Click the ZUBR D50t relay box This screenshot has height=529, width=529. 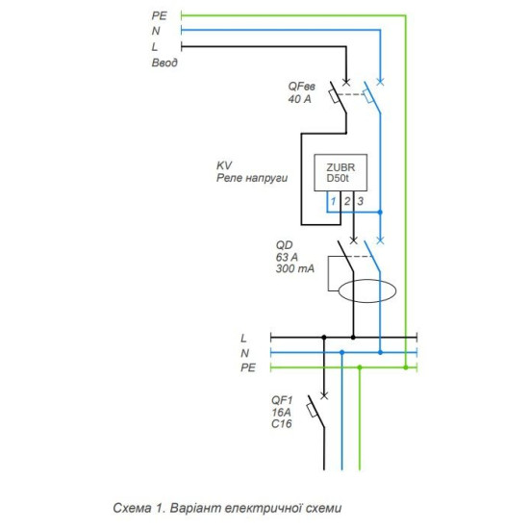click(340, 172)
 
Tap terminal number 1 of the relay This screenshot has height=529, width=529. click(334, 201)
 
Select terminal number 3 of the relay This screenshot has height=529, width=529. click(361, 201)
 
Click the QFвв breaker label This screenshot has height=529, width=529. click(301, 87)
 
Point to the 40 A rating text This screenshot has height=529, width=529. click(299, 99)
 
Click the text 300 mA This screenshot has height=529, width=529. click(295, 268)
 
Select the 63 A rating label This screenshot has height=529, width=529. click(287, 257)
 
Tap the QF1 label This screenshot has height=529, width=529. click(282, 400)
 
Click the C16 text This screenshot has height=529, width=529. click(282, 424)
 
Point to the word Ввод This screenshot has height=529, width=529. click(164, 63)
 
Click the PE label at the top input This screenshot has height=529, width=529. click(160, 15)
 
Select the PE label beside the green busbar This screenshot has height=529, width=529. click(248, 367)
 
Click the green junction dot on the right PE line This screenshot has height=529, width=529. click(406, 367)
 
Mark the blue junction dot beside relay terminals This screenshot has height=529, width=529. click(380, 213)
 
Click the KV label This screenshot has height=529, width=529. click(224, 165)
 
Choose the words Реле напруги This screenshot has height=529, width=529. click(252, 178)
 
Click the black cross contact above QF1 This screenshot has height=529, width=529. click(324, 395)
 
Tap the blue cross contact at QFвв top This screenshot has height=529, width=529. click(380, 82)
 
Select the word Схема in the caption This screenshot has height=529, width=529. click(132, 508)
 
